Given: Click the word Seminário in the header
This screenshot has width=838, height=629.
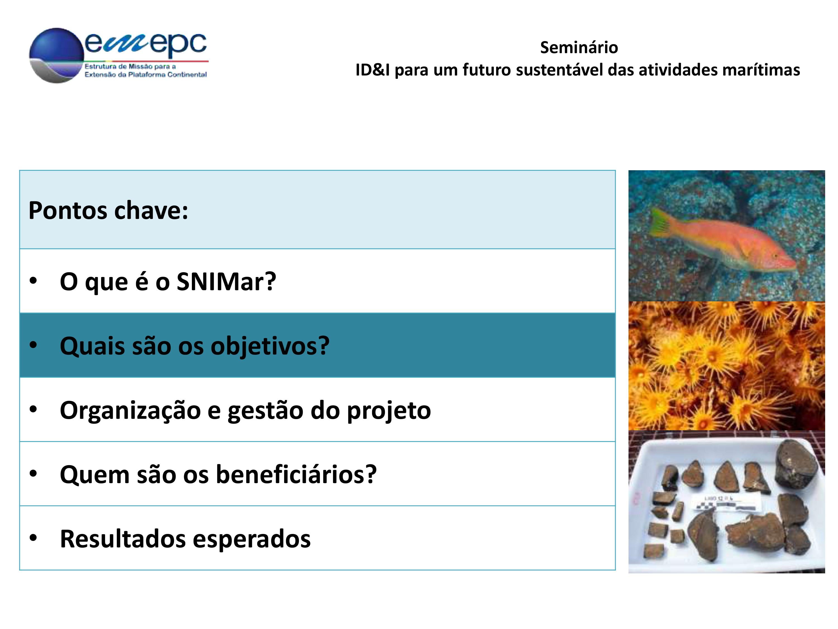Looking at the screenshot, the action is (x=579, y=48).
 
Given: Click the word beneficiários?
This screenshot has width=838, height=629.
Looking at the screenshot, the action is (x=296, y=474).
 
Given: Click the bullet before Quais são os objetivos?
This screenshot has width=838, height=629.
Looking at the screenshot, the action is (x=33, y=345).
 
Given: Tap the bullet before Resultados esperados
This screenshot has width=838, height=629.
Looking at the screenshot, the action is (x=33, y=538).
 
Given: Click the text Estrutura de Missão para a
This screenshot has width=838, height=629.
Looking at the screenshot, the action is (x=130, y=66).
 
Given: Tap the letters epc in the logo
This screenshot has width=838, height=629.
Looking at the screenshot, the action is (x=178, y=44).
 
